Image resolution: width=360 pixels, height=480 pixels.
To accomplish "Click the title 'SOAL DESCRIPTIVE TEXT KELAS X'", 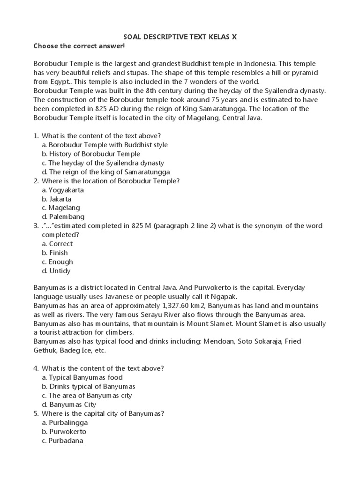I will (x=180, y=37).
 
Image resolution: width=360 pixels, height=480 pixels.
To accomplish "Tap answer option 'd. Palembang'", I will (x=63, y=217).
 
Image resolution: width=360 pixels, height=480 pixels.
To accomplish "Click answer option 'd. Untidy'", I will (x=56, y=270).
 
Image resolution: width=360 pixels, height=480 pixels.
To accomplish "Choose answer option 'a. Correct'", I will (x=57, y=244).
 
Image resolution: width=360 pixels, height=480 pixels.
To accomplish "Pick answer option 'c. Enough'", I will (x=57, y=262).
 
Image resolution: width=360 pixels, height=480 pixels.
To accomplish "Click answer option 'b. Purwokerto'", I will (x=64, y=431).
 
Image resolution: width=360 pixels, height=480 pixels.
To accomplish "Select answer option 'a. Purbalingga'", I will (x=65, y=422).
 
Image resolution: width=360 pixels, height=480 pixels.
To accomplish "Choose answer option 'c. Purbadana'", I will (x=62, y=441).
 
